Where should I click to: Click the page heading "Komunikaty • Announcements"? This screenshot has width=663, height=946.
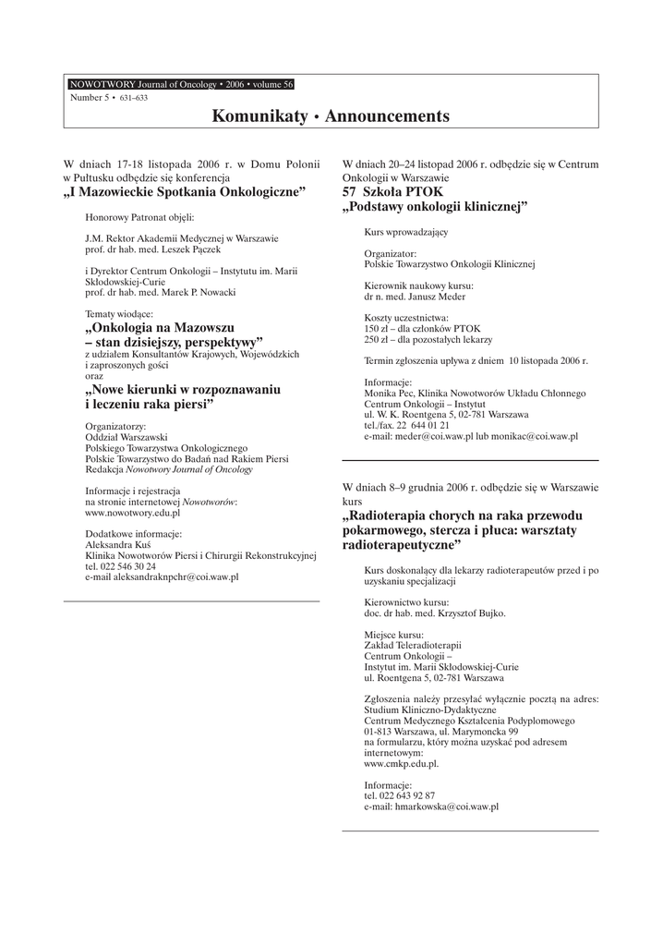tap(331, 116)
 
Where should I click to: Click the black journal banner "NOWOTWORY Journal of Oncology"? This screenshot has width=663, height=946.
tap(181, 84)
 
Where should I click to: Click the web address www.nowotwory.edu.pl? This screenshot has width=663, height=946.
tap(132, 511)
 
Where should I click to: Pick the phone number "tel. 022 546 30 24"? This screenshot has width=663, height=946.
tap(120, 565)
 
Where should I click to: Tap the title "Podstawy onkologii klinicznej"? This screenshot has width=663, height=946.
tap(435, 207)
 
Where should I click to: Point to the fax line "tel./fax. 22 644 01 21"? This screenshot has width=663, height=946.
tap(407, 425)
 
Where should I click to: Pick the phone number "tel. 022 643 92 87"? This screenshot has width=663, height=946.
tap(400, 794)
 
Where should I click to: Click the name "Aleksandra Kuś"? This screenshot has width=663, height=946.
tap(117, 544)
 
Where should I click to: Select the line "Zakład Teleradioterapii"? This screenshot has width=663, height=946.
tap(413, 644)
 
